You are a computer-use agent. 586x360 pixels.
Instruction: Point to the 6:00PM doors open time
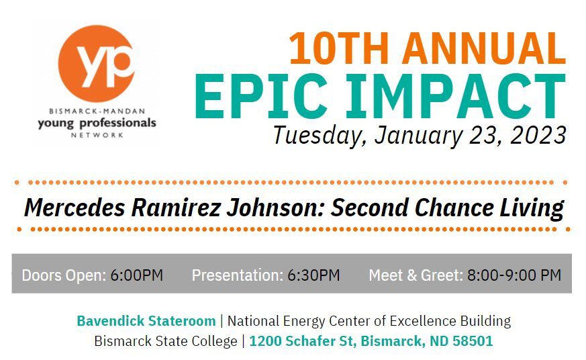coord(137,275)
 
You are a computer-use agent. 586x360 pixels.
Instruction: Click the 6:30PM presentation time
coord(313,275)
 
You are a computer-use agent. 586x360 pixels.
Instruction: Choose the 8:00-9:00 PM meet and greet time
coord(514,275)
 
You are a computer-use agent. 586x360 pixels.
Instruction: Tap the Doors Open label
coord(64,275)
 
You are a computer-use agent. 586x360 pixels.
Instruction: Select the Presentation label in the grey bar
coord(237,275)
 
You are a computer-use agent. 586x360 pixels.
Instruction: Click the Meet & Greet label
coord(416,275)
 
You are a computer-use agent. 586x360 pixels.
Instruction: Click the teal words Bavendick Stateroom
coord(146,321)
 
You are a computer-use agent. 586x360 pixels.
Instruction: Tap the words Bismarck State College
coord(165,341)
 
